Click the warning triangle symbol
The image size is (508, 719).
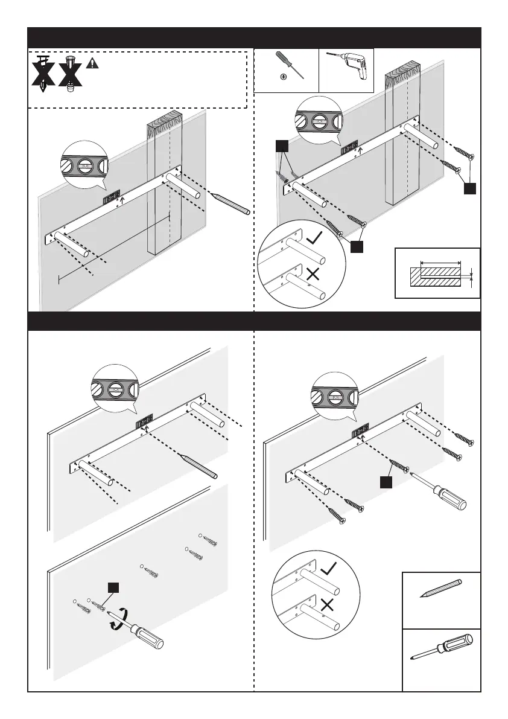(x=92, y=63)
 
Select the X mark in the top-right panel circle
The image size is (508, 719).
(x=313, y=275)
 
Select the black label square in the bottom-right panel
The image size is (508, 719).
(x=386, y=481)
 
